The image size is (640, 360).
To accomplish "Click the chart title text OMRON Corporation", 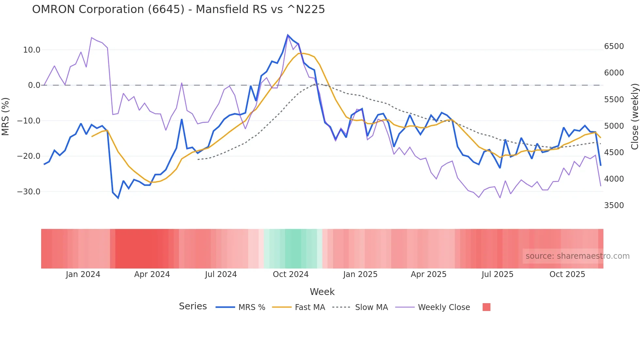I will click(178, 9).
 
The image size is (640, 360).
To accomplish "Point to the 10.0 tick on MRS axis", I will click(32, 50).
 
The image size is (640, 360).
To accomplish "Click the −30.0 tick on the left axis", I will click(29, 192).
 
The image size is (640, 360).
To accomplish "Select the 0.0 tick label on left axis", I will click(34, 85).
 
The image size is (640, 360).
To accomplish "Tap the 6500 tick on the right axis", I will click(614, 46).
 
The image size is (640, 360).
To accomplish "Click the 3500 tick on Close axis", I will click(614, 205).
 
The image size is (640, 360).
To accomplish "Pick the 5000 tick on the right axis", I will click(614, 126).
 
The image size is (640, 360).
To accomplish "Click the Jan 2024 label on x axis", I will click(83, 274).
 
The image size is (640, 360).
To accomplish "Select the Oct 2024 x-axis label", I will click(291, 274).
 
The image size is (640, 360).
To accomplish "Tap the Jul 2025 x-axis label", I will click(497, 274).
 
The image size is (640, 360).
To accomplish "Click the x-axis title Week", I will click(322, 292).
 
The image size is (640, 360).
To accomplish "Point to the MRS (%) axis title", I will click(6, 116).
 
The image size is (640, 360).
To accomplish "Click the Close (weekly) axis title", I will click(634, 117).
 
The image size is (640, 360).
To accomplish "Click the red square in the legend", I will click(486, 307).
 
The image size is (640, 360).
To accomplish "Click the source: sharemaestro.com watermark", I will click(577, 256).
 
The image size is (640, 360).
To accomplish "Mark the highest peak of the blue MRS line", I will click(288, 35).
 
